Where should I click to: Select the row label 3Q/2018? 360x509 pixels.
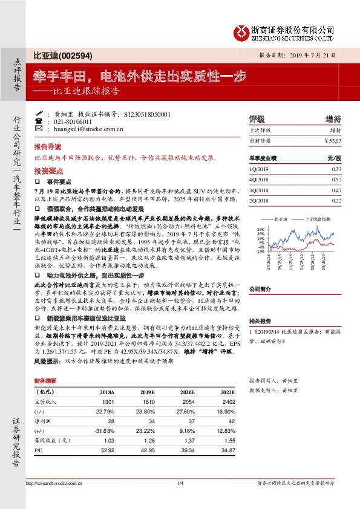pos(259,190)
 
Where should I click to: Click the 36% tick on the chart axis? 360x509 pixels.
pos(261,230)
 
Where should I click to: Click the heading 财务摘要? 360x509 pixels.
pos(45,381)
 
